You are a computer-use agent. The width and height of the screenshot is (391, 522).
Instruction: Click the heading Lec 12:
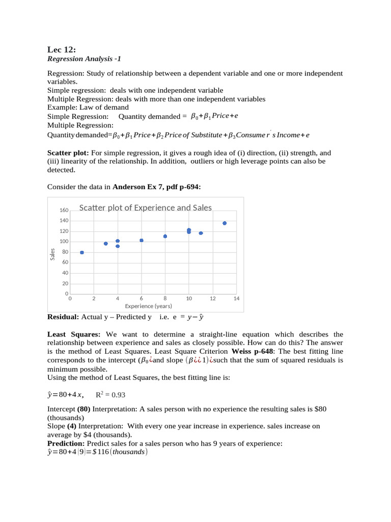62,49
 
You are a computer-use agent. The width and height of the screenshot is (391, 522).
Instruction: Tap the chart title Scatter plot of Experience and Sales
146,207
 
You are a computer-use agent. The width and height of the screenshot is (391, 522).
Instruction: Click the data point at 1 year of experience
82,252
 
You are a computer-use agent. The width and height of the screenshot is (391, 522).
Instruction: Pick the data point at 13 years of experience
225,223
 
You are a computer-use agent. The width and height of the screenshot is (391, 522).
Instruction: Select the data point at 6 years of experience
142,240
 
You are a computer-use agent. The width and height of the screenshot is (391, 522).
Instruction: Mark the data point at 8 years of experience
165,236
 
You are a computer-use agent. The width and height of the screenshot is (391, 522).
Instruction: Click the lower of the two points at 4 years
118,246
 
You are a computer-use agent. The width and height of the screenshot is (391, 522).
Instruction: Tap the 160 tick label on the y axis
64,210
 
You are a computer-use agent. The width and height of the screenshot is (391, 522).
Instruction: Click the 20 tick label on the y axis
65,283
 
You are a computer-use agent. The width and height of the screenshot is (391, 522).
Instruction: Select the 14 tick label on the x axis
236,299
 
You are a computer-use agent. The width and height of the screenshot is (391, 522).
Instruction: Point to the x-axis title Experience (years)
148,306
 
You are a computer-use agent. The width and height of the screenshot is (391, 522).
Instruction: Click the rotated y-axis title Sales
52,253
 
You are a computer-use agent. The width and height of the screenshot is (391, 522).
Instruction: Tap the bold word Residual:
63,317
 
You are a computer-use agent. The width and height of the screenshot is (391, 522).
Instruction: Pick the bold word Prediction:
67,443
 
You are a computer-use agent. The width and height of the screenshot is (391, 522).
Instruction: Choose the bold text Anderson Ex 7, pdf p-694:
157,187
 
